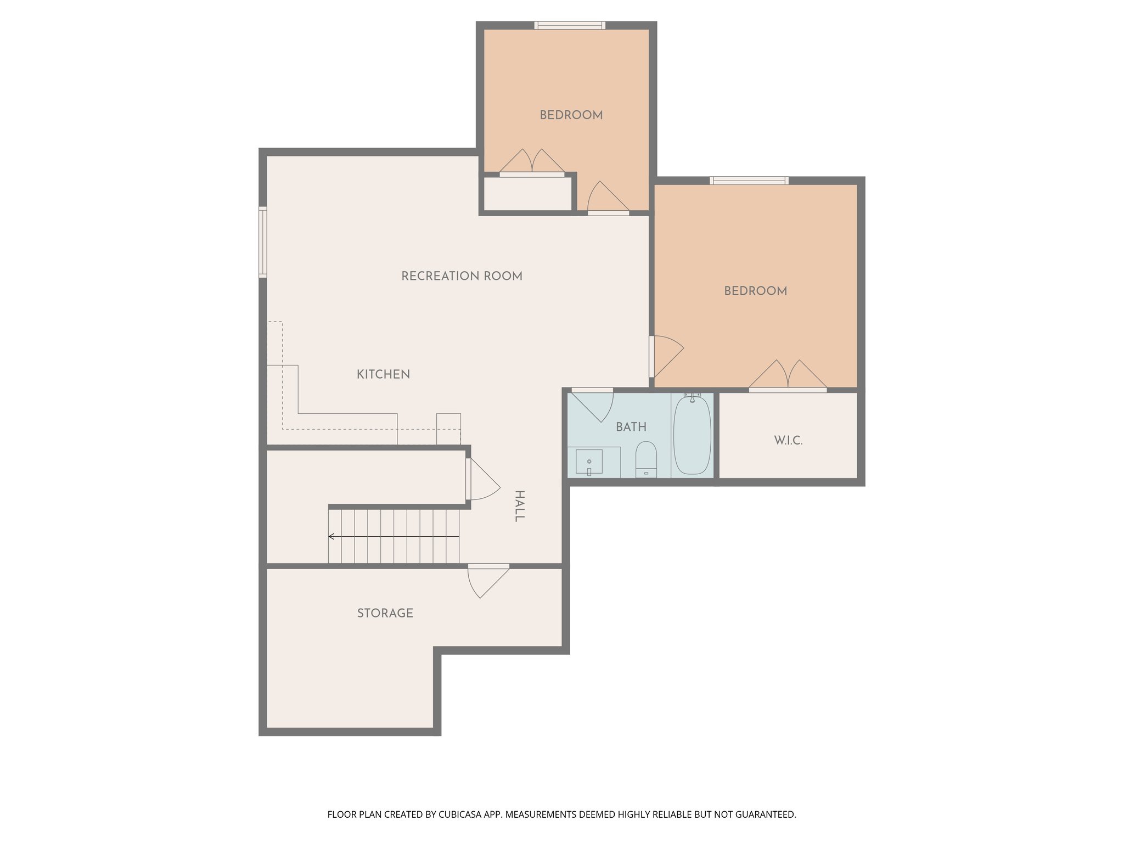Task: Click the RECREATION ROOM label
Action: pyautogui.click(x=462, y=276)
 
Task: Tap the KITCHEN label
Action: pyautogui.click(x=383, y=374)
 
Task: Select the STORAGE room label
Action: pyautogui.click(x=385, y=613)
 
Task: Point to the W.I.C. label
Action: pyautogui.click(x=788, y=440)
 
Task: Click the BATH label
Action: pyautogui.click(x=631, y=427)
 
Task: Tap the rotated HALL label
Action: pyautogui.click(x=519, y=505)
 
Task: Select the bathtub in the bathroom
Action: pyautogui.click(x=692, y=435)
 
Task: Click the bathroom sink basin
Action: pyautogui.click(x=589, y=461)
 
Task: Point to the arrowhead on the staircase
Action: pyautogui.click(x=331, y=536)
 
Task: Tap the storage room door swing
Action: pyautogui.click(x=486, y=582)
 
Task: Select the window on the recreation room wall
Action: pyautogui.click(x=263, y=242)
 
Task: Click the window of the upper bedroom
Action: pyautogui.click(x=570, y=25)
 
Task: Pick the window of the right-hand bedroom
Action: pyautogui.click(x=749, y=181)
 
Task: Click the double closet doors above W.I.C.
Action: pyautogui.click(x=788, y=375)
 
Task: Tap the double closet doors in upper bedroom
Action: pyautogui.click(x=531, y=162)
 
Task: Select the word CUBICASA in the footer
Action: pyautogui.click(x=460, y=814)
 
